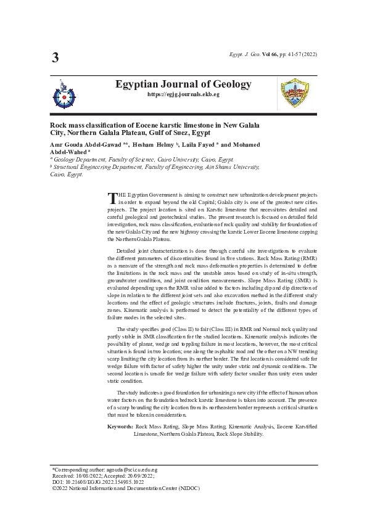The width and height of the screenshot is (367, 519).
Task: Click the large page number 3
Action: (55, 59)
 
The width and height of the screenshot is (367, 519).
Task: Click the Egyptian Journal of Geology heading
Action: (183, 84)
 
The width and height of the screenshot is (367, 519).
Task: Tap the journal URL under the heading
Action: (183, 95)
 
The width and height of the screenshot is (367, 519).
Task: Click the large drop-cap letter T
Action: (112, 198)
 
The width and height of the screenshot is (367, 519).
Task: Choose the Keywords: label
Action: (120, 427)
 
